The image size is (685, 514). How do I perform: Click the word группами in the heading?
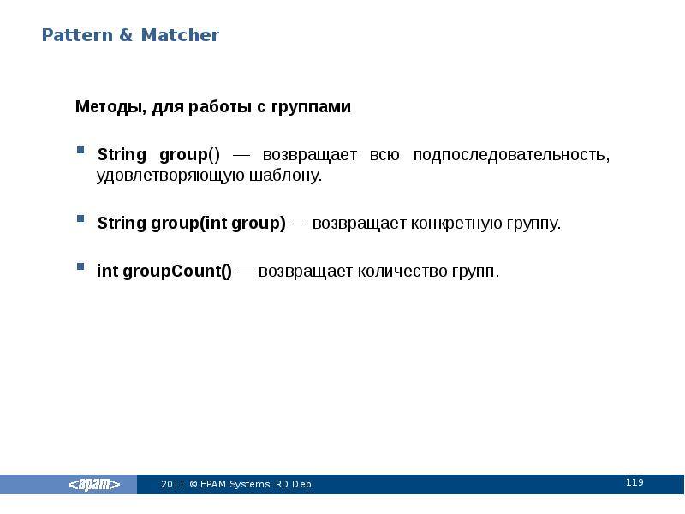(312, 108)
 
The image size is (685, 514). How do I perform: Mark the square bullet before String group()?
(80, 150)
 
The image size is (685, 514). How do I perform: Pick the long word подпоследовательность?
(511, 155)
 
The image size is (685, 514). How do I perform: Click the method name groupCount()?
(176, 272)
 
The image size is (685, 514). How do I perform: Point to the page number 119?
(634, 483)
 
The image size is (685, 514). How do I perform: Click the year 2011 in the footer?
(172, 485)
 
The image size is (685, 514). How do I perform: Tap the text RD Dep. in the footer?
(295, 485)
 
